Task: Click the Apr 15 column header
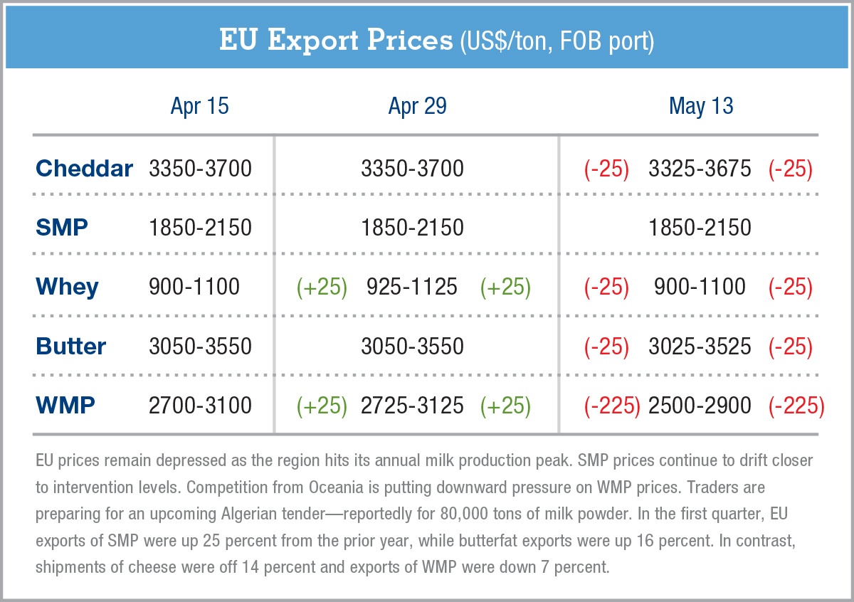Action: (x=199, y=107)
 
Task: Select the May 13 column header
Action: (x=700, y=107)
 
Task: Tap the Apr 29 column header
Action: (x=417, y=107)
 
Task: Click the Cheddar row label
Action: (x=84, y=169)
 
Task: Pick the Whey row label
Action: (x=67, y=287)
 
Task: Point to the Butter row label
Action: (x=70, y=347)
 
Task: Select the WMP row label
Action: (x=65, y=406)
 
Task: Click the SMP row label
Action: (x=62, y=228)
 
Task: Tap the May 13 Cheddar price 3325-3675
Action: (x=700, y=169)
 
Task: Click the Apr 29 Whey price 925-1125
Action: (x=412, y=287)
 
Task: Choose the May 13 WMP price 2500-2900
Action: (x=700, y=406)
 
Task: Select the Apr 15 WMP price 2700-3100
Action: (x=200, y=406)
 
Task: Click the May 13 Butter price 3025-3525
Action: (x=700, y=347)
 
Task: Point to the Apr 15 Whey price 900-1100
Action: (x=194, y=287)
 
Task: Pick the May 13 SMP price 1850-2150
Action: (x=700, y=228)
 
